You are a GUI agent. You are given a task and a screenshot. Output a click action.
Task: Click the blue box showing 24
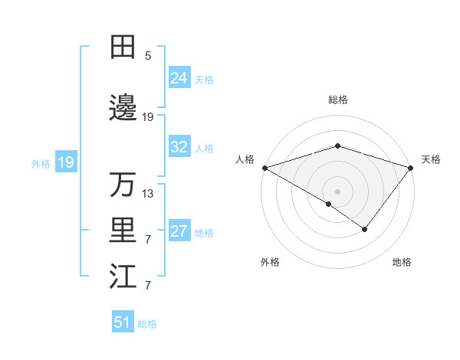179,77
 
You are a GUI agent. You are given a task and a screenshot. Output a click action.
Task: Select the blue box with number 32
179,147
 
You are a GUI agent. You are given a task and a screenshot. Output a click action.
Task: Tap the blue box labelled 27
179,231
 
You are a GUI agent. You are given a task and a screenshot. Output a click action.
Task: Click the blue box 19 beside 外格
65,162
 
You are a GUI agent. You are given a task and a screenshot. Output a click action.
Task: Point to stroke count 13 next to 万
149,194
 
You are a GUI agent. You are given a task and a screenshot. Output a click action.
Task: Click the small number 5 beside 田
148,56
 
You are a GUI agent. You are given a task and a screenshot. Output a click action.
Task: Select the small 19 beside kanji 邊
148,117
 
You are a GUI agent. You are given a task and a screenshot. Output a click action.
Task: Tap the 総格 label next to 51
147,324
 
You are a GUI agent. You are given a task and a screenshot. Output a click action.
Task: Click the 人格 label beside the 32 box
204,149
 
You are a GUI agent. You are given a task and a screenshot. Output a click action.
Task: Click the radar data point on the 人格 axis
264,168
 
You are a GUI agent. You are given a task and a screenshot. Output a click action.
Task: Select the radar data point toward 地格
365,229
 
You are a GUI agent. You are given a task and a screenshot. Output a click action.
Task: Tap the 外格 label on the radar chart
270,263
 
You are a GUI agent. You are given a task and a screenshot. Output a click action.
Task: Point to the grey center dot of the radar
337,191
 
